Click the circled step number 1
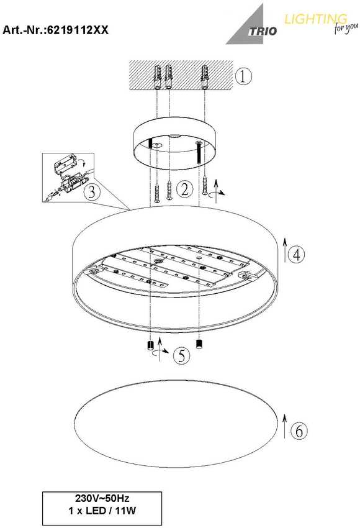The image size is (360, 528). tap(243, 76)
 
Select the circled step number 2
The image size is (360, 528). tap(184, 189)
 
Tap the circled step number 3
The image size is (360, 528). tap(92, 193)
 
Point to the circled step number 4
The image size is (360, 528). tap(296, 255)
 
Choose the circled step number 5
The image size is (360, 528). tap(182, 355)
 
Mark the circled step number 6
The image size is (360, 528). tap(299, 430)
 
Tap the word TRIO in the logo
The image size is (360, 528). tap(263, 31)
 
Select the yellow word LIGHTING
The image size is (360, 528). tap(315, 19)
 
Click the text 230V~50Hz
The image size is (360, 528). tap(102, 498)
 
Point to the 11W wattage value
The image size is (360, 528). tap(125, 511)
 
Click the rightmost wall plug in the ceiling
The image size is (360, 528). tap(205, 77)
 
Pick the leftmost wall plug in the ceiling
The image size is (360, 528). tap(158, 78)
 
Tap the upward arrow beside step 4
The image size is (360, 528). tap(285, 250)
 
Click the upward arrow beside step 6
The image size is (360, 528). tap(285, 426)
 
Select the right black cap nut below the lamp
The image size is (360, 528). tap(199, 344)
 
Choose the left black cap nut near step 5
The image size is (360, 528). tap(150, 346)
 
